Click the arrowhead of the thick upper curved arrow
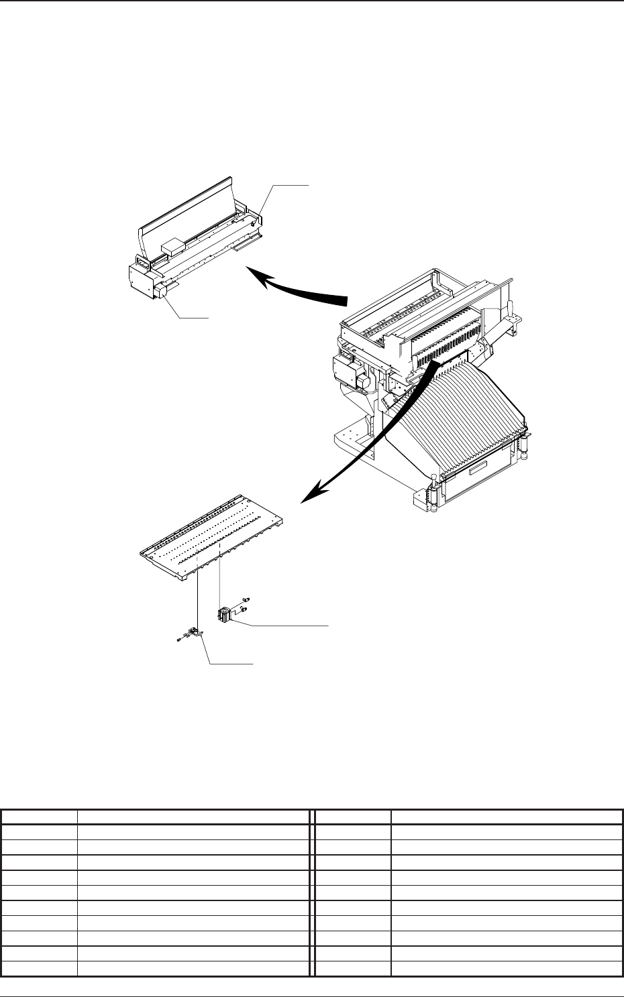click(256, 272)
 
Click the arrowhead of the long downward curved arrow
click(311, 495)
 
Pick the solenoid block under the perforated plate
click(224, 614)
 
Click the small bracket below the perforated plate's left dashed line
click(196, 632)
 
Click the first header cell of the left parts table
click(39, 817)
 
